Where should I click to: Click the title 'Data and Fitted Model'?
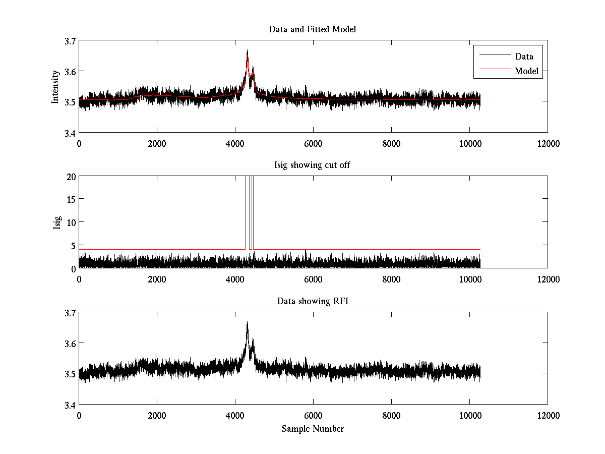click(x=313, y=29)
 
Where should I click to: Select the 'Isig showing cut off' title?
click(x=313, y=165)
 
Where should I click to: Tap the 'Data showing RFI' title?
click(x=313, y=301)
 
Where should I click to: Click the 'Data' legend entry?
click(x=524, y=56)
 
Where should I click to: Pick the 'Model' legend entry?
click(x=526, y=71)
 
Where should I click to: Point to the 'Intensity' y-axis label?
click(x=55, y=86)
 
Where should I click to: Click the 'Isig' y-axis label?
click(x=57, y=222)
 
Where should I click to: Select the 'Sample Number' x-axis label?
click(x=313, y=429)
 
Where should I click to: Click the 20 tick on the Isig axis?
click(x=71, y=177)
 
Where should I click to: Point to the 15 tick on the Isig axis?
click(x=71, y=199)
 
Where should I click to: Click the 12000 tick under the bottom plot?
click(x=548, y=415)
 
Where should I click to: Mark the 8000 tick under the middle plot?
click(x=391, y=279)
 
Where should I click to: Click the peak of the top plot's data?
click(x=248, y=50)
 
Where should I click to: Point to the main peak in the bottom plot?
click(x=248, y=322)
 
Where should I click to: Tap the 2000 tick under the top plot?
click(x=157, y=143)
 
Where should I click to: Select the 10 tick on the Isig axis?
click(x=71, y=222)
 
